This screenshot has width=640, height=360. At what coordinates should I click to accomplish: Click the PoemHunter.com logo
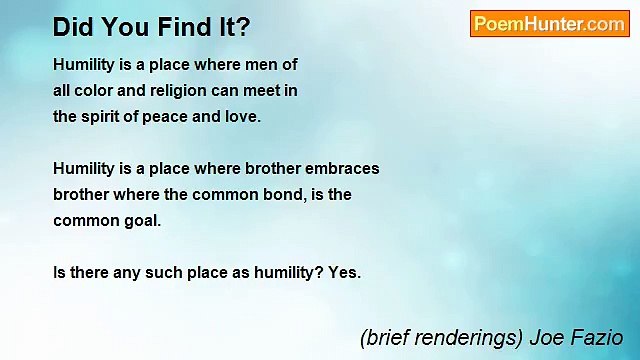pos(549,24)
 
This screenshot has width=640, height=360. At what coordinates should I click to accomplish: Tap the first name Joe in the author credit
pos(547,338)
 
